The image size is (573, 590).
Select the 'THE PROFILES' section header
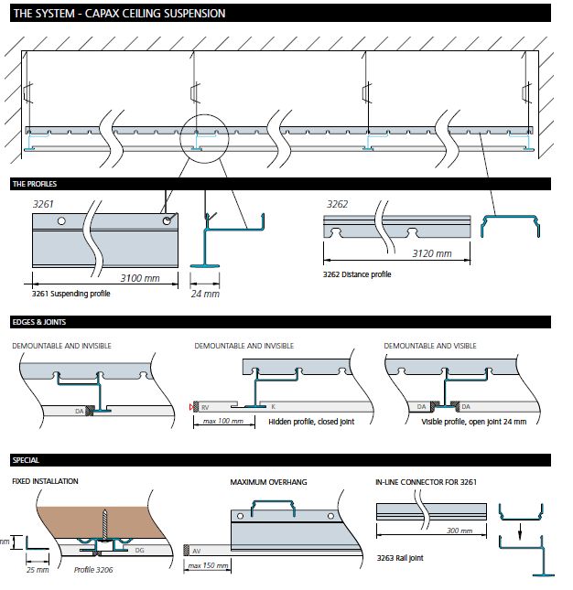tap(35, 184)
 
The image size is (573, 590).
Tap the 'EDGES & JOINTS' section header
tap(38, 322)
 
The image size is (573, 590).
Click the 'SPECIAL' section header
tap(26, 459)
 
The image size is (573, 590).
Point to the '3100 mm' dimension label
tap(141, 276)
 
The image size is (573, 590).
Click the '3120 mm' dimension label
tap(431, 253)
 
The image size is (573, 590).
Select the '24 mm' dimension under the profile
tap(205, 294)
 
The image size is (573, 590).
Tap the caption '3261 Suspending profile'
tap(71, 294)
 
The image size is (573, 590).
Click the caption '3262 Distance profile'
tap(357, 274)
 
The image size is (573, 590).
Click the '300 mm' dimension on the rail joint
tap(459, 531)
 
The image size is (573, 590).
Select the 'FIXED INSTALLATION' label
tap(45, 481)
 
